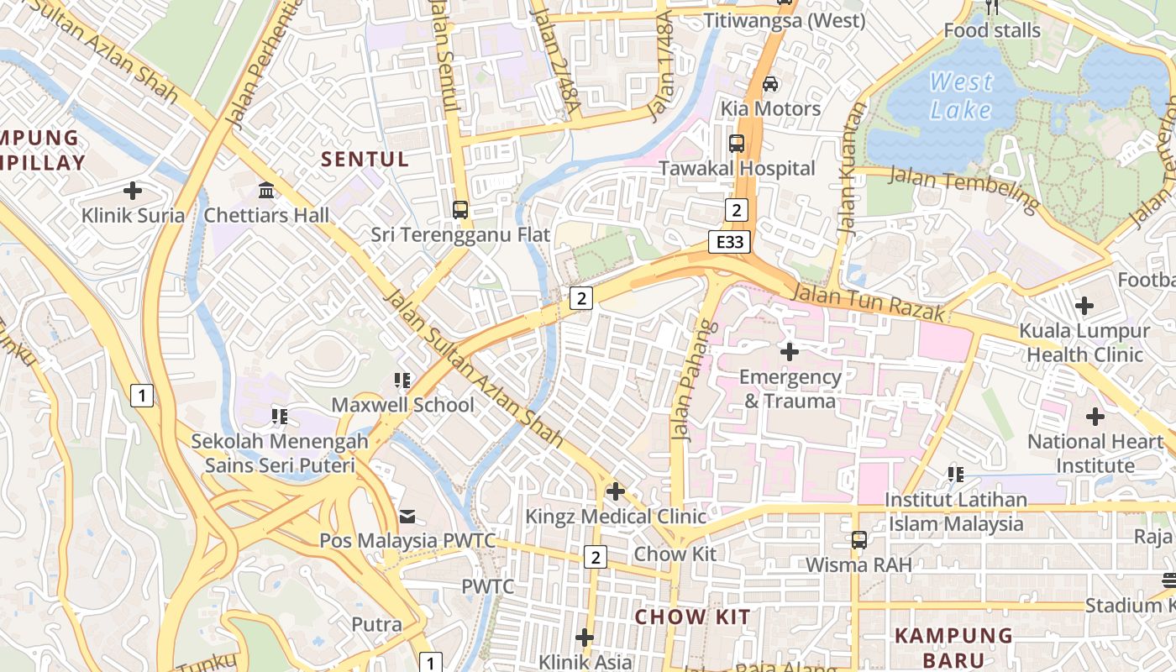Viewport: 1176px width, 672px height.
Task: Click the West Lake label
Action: [961, 96]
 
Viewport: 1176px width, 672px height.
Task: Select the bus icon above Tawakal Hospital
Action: [737, 144]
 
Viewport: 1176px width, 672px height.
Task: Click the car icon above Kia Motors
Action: [770, 84]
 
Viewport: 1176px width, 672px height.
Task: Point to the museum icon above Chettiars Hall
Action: [267, 191]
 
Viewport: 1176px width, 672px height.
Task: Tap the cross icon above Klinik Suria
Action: [133, 191]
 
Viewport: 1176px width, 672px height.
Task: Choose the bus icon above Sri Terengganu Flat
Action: [460, 210]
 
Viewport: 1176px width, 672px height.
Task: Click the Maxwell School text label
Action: [402, 405]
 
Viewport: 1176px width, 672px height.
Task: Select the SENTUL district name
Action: [365, 160]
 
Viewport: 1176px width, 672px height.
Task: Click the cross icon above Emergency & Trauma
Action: [790, 351]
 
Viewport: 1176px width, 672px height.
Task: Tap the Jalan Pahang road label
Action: [687, 380]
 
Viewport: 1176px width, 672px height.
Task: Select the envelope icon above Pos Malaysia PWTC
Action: [407, 516]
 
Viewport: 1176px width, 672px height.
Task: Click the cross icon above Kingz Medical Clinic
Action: [616, 491]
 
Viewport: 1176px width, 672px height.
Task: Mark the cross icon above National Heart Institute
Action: [1095, 417]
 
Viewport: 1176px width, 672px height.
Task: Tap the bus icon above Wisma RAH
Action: [858, 540]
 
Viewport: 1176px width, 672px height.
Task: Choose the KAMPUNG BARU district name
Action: [953, 647]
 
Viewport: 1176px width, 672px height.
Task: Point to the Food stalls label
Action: [991, 31]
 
